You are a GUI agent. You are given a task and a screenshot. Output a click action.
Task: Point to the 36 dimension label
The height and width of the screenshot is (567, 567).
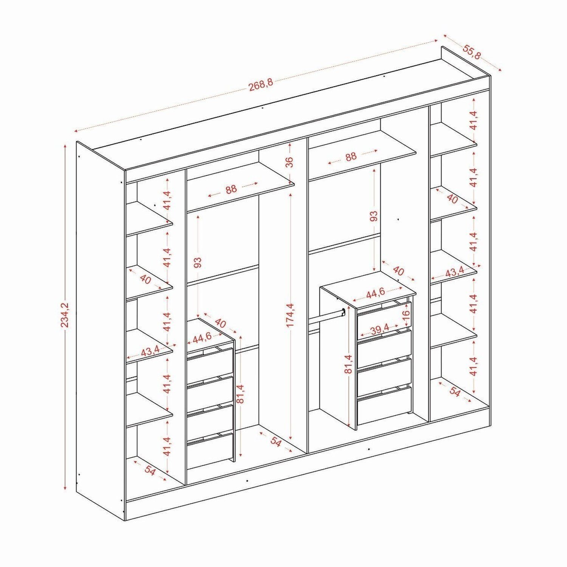pyautogui.click(x=289, y=162)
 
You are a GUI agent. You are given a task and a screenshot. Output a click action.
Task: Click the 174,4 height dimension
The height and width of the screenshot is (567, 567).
pyautogui.click(x=290, y=315)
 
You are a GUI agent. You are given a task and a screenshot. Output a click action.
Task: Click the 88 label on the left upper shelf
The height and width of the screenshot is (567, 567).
pyautogui.click(x=231, y=189)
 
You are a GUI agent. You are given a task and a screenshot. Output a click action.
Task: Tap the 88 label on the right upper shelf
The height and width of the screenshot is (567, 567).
pyautogui.click(x=351, y=156)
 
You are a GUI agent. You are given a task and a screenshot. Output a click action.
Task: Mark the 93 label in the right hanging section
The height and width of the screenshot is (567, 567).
pyautogui.click(x=373, y=216)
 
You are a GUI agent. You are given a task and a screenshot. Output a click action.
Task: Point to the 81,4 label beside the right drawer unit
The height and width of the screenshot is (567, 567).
pyautogui.click(x=348, y=364)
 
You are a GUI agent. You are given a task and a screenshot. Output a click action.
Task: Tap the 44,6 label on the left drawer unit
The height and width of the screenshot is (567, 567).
pyautogui.click(x=203, y=338)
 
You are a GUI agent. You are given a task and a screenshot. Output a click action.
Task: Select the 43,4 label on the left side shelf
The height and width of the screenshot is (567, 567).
pyautogui.click(x=150, y=351)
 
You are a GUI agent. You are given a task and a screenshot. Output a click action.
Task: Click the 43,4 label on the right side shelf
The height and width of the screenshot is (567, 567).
pyautogui.click(x=455, y=271)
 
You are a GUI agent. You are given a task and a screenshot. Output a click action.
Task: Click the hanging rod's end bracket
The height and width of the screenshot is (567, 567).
pyautogui.click(x=343, y=312)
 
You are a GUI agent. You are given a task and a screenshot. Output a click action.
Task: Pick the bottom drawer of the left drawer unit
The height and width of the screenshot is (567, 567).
pyautogui.click(x=210, y=451)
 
